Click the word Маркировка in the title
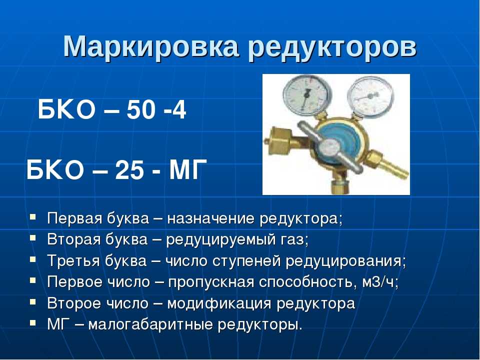click(150, 47)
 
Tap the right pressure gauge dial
click(370, 96)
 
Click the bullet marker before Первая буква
click(33, 217)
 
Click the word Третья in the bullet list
click(73, 261)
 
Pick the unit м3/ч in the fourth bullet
click(378, 282)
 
